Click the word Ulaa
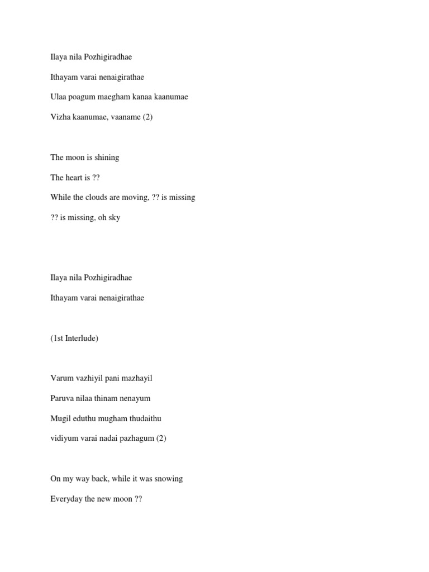tap(58, 97)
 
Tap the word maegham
tap(112, 97)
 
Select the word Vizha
tap(59, 117)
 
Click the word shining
tap(107, 158)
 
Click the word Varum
tap(61, 378)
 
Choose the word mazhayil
tap(137, 378)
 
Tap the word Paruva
tap(61, 398)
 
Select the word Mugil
tap(60, 418)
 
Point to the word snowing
tap(169, 479)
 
